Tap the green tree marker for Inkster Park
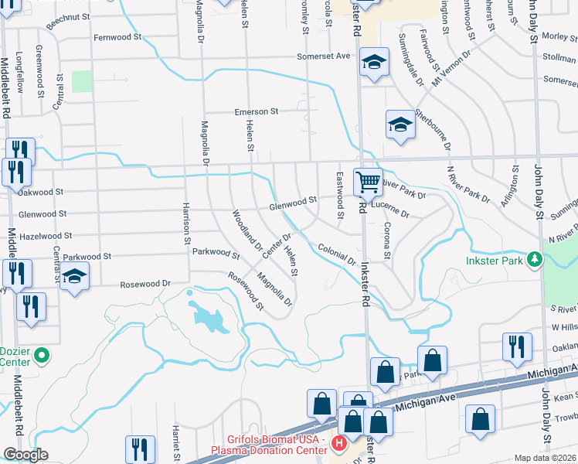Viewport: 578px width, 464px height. (x=534, y=260)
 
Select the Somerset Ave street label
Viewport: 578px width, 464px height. (x=325, y=56)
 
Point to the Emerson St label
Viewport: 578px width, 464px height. (x=257, y=111)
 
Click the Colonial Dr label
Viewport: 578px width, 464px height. (x=336, y=254)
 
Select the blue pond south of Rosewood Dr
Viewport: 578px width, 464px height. (x=208, y=317)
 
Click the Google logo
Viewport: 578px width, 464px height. (x=25, y=455)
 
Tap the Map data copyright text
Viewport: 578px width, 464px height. (x=545, y=458)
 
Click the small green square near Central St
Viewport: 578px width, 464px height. (x=82, y=81)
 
